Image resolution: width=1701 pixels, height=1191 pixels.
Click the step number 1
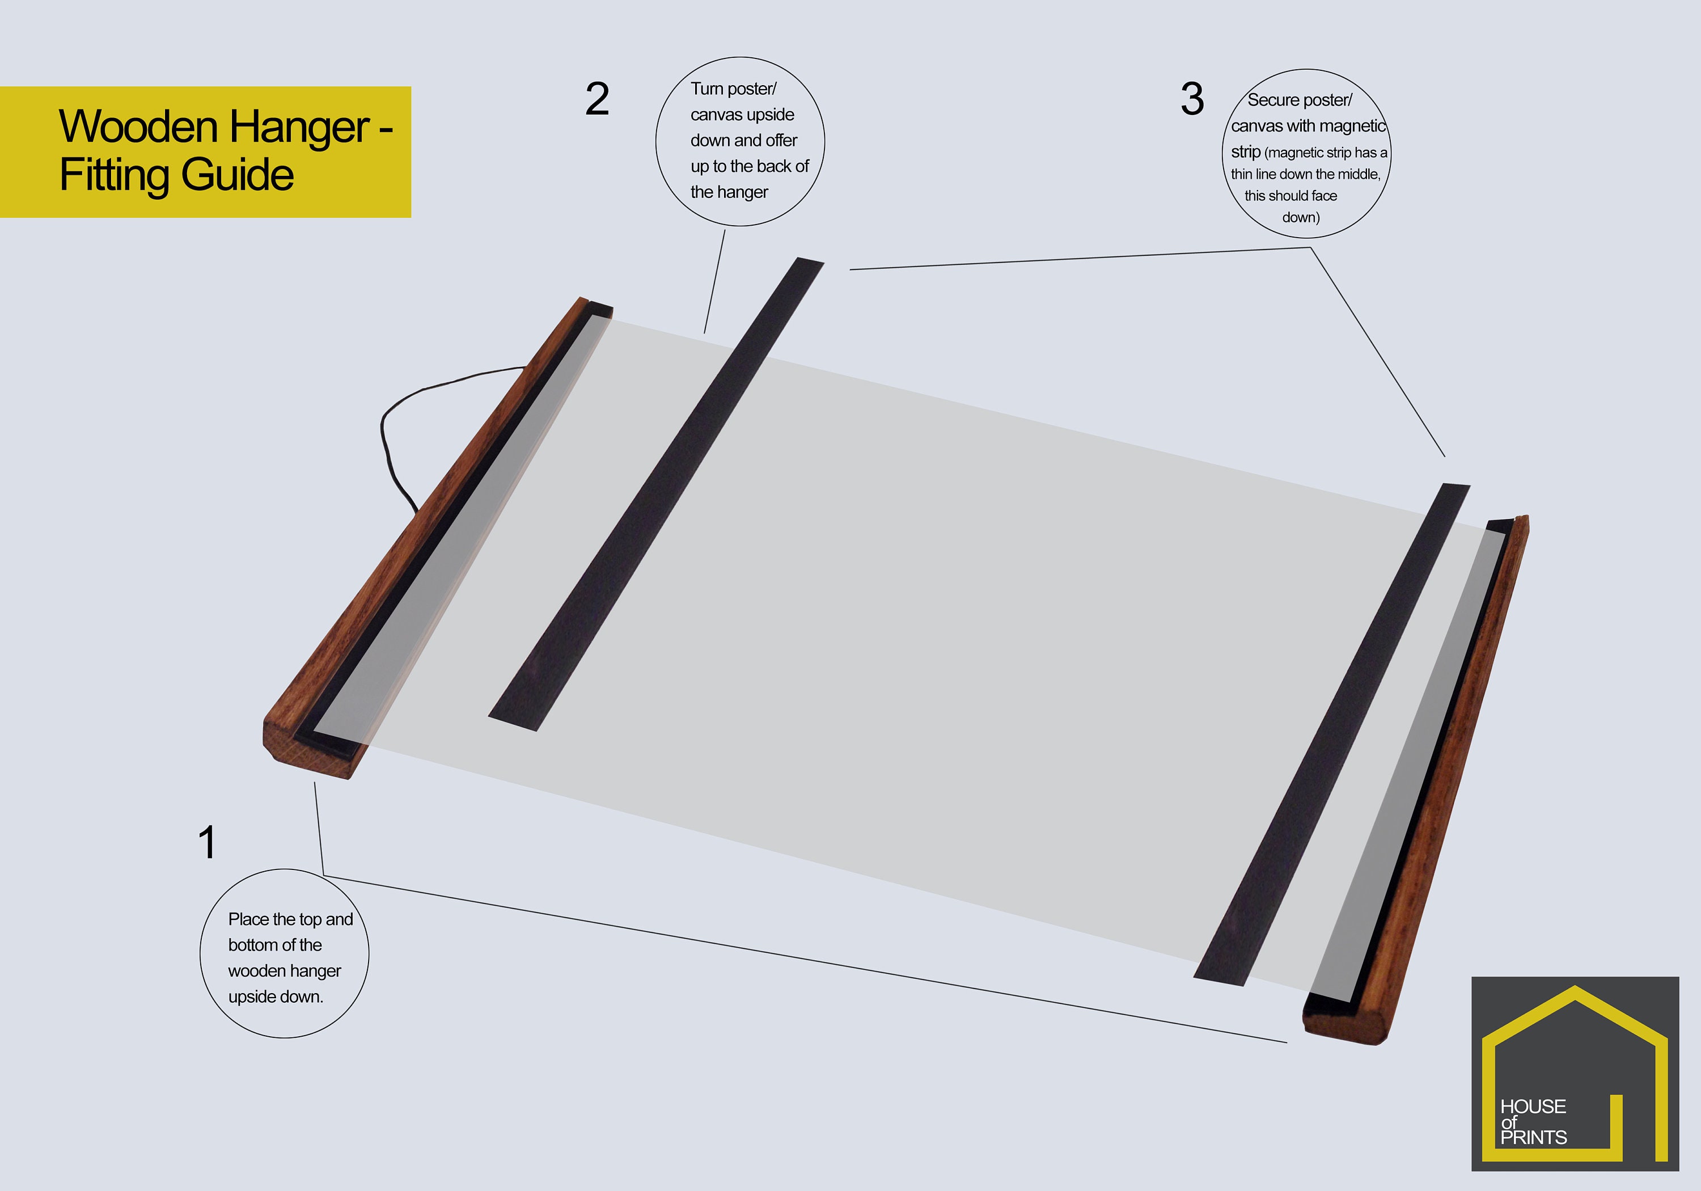coord(208,843)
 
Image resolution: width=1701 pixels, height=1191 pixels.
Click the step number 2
coord(597,99)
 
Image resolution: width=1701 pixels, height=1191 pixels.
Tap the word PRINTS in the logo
coord(1534,1137)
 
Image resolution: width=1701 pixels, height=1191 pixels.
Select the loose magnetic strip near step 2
coord(655,495)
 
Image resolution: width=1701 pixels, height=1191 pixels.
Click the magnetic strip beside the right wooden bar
coord(1331,734)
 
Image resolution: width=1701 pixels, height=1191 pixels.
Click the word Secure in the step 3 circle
coord(1273,100)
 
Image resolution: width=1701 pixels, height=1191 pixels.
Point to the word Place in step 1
coord(248,919)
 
